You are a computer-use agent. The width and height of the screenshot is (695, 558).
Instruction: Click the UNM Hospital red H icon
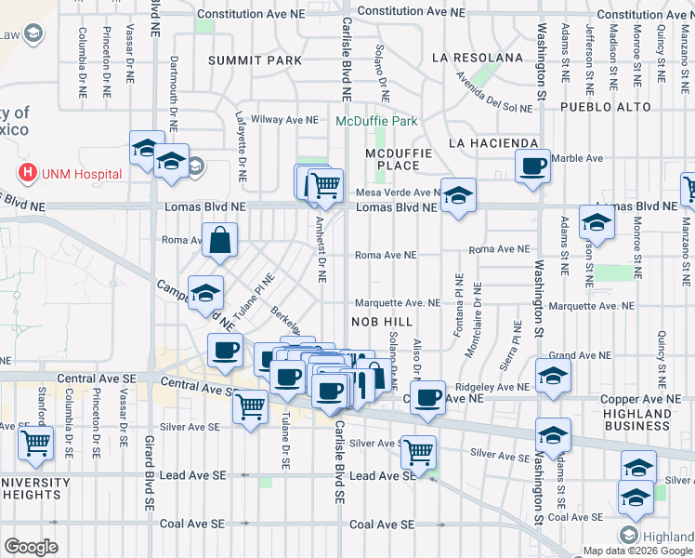click(29, 173)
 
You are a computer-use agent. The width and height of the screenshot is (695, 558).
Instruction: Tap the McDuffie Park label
click(377, 121)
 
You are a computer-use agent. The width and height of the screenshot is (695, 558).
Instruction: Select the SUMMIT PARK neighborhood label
click(255, 60)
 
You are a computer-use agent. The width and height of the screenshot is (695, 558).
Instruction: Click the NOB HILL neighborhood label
click(380, 320)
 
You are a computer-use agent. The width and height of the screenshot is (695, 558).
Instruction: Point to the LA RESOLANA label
click(478, 58)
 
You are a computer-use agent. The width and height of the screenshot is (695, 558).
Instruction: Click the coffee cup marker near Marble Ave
click(532, 166)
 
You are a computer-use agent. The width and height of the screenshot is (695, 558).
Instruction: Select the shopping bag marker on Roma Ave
click(219, 240)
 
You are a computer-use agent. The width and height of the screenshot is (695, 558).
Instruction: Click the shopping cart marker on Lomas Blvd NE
click(324, 184)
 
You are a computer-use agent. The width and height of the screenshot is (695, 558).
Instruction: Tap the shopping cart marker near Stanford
click(35, 444)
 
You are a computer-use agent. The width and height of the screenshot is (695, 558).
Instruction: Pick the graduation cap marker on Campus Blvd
click(206, 292)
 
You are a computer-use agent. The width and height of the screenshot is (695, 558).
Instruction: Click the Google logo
click(31, 547)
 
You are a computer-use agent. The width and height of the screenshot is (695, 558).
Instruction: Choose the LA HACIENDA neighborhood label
click(492, 143)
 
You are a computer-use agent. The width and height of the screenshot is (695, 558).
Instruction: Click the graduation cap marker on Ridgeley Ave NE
click(553, 377)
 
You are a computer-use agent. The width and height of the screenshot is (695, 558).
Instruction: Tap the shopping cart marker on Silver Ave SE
click(419, 452)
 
